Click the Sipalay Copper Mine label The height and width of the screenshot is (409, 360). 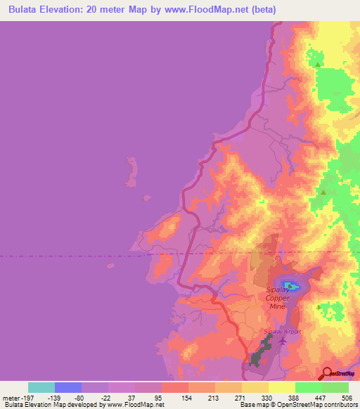point(277,298)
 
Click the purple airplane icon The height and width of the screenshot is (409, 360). point(283,341)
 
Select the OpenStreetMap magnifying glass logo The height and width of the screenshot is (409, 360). point(327,373)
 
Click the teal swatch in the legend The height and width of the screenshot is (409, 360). point(41,387)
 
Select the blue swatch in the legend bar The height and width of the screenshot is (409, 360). point(67,387)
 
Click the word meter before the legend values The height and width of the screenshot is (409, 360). point(10,398)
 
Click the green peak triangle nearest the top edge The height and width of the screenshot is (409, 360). point(318,65)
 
